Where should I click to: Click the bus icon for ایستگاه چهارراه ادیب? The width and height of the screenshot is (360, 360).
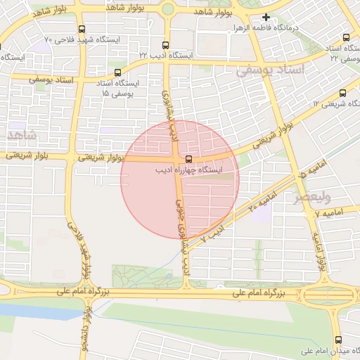coord(188,158)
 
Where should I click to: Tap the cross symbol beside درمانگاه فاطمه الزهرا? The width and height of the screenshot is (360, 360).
coord(266,17)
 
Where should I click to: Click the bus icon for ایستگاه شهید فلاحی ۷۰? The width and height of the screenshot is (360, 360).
coord(82,30)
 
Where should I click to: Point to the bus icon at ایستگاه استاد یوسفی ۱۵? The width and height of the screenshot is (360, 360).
coord(117,72)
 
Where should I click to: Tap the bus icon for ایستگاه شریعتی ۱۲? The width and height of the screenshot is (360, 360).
coord(343,93)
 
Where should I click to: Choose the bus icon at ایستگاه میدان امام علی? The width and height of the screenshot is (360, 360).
coord(339,340)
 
